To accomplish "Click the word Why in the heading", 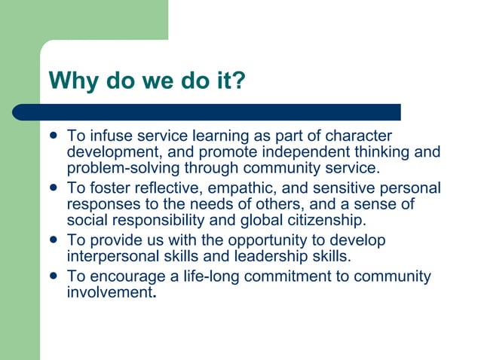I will [x=70, y=80].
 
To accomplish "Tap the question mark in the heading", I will [x=239, y=80].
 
